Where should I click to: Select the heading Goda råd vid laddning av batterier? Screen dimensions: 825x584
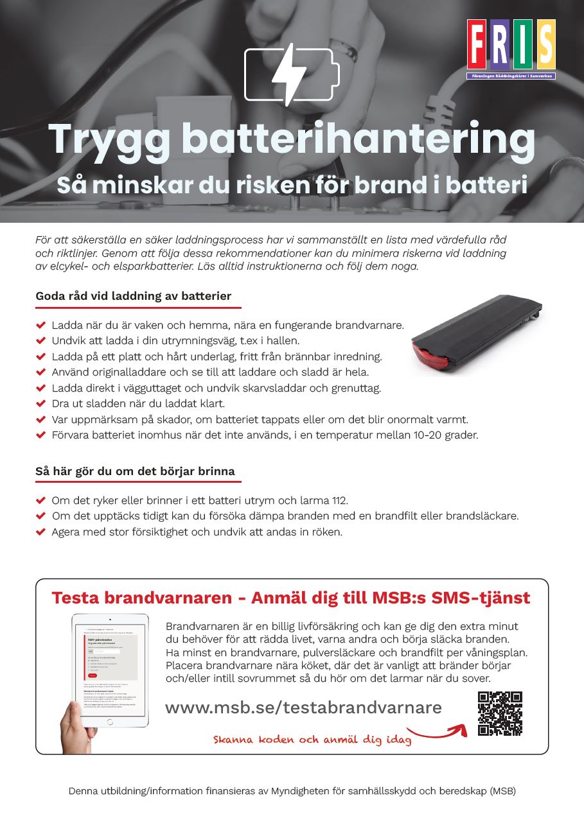(133, 297)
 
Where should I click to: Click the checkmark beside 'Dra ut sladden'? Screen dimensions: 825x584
(41, 404)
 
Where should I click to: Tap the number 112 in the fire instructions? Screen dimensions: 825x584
(339, 500)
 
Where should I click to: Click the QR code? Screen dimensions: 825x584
(500, 713)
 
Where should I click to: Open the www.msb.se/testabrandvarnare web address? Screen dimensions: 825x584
(303, 708)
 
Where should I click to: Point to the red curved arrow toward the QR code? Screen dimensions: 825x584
(439, 732)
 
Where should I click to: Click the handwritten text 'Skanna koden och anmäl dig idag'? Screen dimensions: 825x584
(312, 740)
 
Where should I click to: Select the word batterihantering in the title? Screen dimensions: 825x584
(358, 139)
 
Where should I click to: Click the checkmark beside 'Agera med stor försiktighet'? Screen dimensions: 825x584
(41, 532)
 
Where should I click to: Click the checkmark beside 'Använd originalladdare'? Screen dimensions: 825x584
(41, 372)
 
